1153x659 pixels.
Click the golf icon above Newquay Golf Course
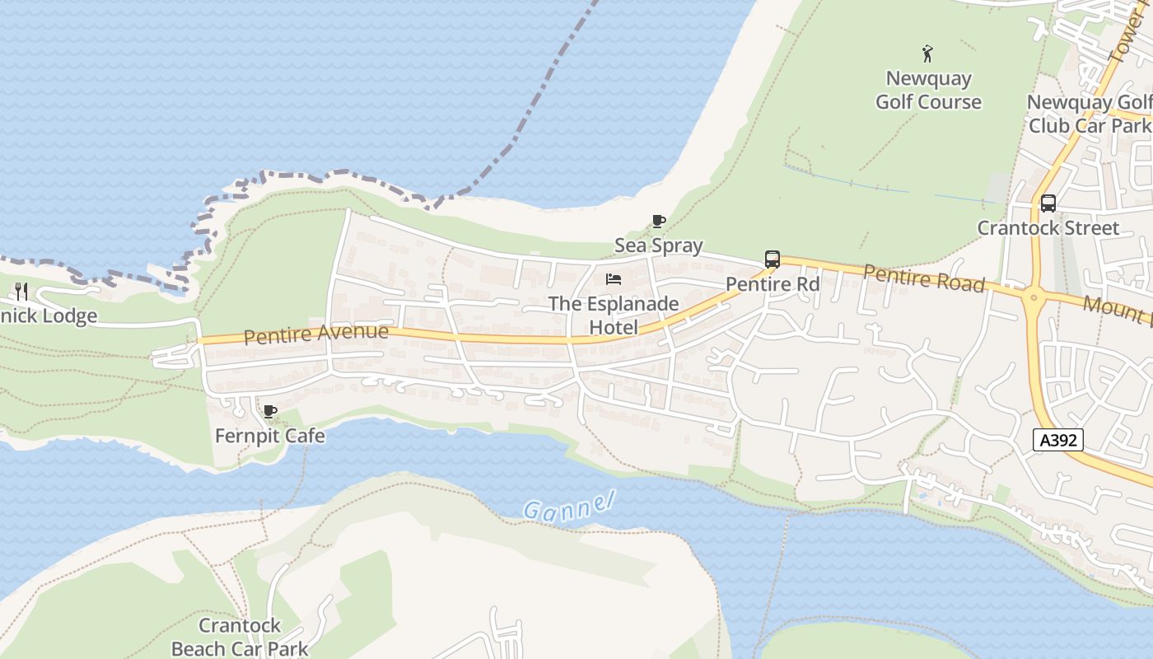tap(928, 54)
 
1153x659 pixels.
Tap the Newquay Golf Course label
tap(928, 91)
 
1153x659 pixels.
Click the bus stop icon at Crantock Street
tap(1048, 203)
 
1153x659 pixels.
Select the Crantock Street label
tap(1048, 228)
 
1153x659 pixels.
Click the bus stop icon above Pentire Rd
tap(772, 259)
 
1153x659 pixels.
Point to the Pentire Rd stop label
tap(772, 284)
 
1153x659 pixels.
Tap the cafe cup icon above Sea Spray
tap(658, 221)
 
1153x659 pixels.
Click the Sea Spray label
tap(658, 245)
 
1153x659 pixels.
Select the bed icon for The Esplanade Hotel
tap(614, 279)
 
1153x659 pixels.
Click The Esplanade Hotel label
tap(614, 315)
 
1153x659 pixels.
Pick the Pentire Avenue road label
tap(315, 334)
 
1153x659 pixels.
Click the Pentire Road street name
tap(923, 278)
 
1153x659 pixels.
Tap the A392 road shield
tap(1057, 440)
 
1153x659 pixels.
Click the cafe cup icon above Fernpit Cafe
tap(269, 411)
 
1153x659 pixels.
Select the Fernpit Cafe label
tap(269, 436)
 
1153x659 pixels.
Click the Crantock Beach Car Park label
tap(239, 637)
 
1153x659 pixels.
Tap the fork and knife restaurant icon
tap(21, 291)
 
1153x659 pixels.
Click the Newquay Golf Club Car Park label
tap(1089, 114)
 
